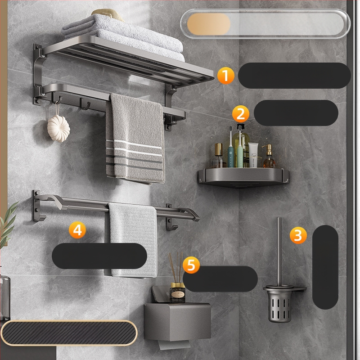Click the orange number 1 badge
[x=226, y=76]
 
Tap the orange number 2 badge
[x=241, y=114]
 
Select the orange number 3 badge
[x=298, y=235]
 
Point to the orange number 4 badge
[x=77, y=230]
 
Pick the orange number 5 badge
[x=191, y=265]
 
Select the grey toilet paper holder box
[x=177, y=321]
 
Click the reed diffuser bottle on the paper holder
[x=177, y=293]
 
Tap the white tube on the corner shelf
[x=253, y=155]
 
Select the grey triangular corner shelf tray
[x=243, y=177]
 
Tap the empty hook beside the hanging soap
[x=85, y=104]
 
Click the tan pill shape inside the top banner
[x=209, y=24]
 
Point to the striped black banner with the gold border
[x=69, y=333]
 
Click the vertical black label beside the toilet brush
[x=325, y=267]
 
